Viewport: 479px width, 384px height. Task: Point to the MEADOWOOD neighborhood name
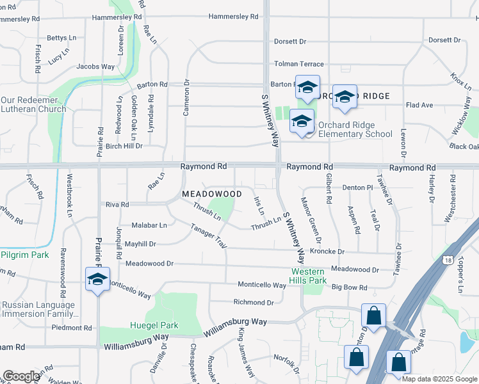(211, 193)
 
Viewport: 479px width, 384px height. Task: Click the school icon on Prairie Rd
(97, 280)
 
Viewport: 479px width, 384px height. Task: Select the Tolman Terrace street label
(299, 64)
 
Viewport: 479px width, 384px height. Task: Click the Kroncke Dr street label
(327, 252)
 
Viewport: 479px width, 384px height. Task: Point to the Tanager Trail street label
(209, 236)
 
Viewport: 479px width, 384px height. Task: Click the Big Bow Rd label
(349, 288)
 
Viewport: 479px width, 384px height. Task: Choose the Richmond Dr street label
(254, 302)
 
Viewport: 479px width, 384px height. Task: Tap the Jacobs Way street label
(95, 66)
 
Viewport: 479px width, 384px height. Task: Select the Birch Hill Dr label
(124, 146)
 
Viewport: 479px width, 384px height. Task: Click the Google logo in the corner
(21, 376)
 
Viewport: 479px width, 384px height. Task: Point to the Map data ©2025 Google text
(439, 379)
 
